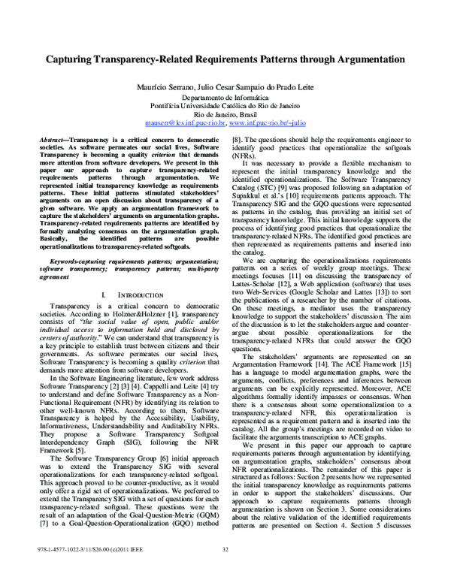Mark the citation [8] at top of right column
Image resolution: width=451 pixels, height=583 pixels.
pyautogui.click(x=236, y=140)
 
